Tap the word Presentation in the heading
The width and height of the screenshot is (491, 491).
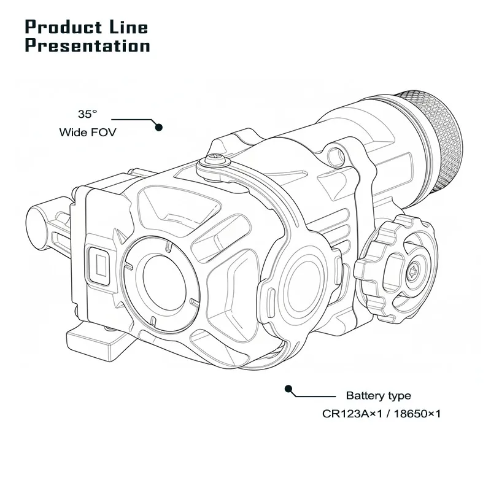(x=88, y=46)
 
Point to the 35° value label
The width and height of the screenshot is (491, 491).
(x=87, y=114)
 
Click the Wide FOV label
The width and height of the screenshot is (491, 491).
(x=87, y=132)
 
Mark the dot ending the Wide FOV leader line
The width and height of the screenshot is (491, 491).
(x=158, y=127)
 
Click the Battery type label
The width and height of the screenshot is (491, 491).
(x=378, y=396)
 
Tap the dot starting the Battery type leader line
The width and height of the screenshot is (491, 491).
(x=287, y=388)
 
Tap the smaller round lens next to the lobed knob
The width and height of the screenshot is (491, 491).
(x=301, y=276)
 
